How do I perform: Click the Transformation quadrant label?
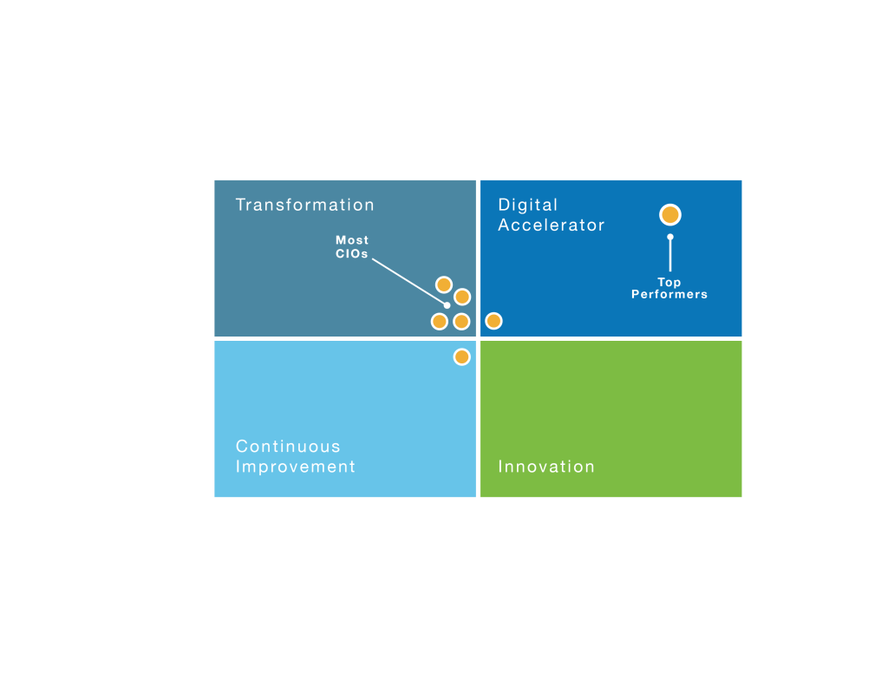tap(304, 206)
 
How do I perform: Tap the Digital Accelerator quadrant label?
tap(551, 215)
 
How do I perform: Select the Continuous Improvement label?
tap(295, 456)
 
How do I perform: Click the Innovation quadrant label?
tap(545, 467)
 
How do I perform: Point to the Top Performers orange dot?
tap(669, 215)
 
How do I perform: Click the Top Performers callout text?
tap(669, 289)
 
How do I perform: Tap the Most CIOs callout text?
tap(352, 247)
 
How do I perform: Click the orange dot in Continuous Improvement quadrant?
tap(461, 356)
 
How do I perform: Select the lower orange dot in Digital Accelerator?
tap(493, 321)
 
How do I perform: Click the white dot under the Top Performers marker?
tap(669, 237)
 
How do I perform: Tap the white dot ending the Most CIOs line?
tap(447, 304)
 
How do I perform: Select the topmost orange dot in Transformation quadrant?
tap(444, 284)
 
